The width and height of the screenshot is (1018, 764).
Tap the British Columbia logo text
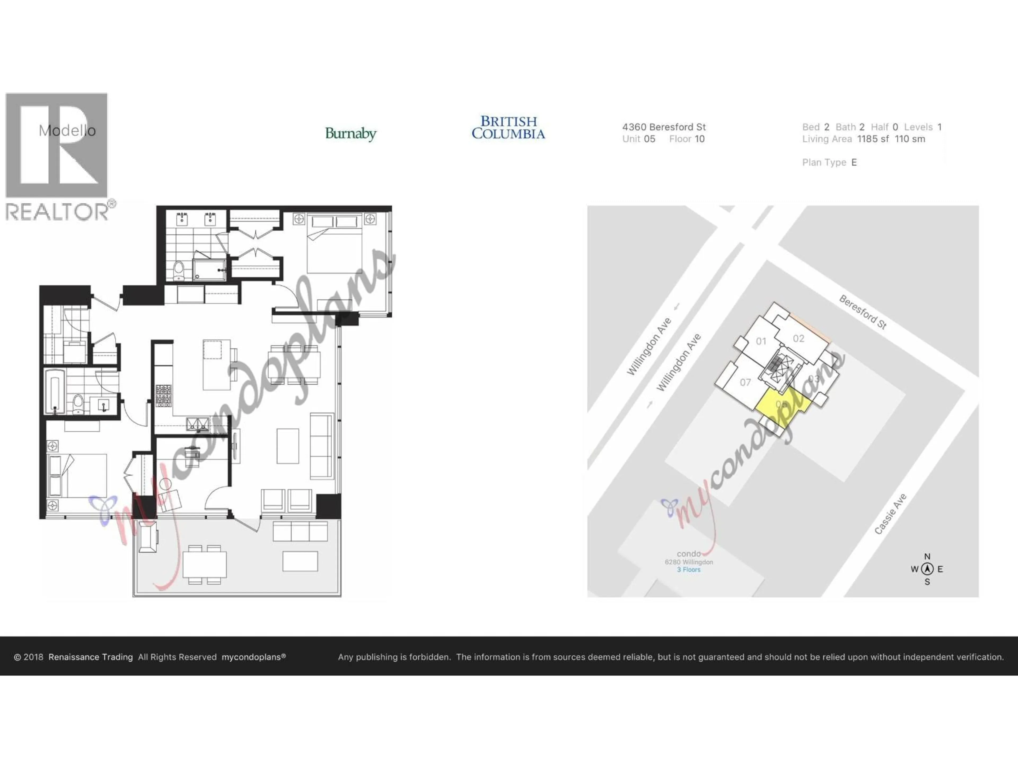click(x=508, y=128)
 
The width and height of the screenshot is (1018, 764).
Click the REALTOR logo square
click(x=57, y=145)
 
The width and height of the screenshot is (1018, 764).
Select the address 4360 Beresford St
click(x=664, y=127)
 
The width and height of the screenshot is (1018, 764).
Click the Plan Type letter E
click(x=854, y=163)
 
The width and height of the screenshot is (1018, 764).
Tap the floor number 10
click(x=700, y=139)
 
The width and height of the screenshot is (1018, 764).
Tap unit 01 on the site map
click(x=761, y=341)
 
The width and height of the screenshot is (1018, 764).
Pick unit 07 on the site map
click(x=745, y=382)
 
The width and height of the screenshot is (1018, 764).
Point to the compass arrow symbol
click(x=927, y=569)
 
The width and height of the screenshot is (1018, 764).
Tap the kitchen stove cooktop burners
click(x=163, y=395)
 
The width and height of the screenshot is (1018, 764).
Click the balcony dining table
click(x=204, y=565)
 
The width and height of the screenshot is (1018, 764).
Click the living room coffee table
click(x=288, y=446)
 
